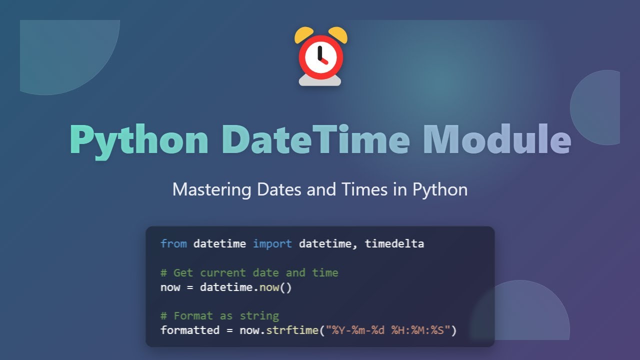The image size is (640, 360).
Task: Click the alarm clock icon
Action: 320,57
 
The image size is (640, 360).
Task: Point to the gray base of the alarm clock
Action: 320,80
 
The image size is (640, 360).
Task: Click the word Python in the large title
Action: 139,140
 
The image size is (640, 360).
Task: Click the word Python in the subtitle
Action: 440,190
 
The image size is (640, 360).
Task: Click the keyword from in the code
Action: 173,244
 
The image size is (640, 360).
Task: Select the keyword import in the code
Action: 272,244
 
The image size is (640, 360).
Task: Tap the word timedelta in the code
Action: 394,244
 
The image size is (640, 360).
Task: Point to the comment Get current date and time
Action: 249,273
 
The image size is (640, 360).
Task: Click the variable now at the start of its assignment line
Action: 170,287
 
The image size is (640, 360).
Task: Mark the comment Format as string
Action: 219,316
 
